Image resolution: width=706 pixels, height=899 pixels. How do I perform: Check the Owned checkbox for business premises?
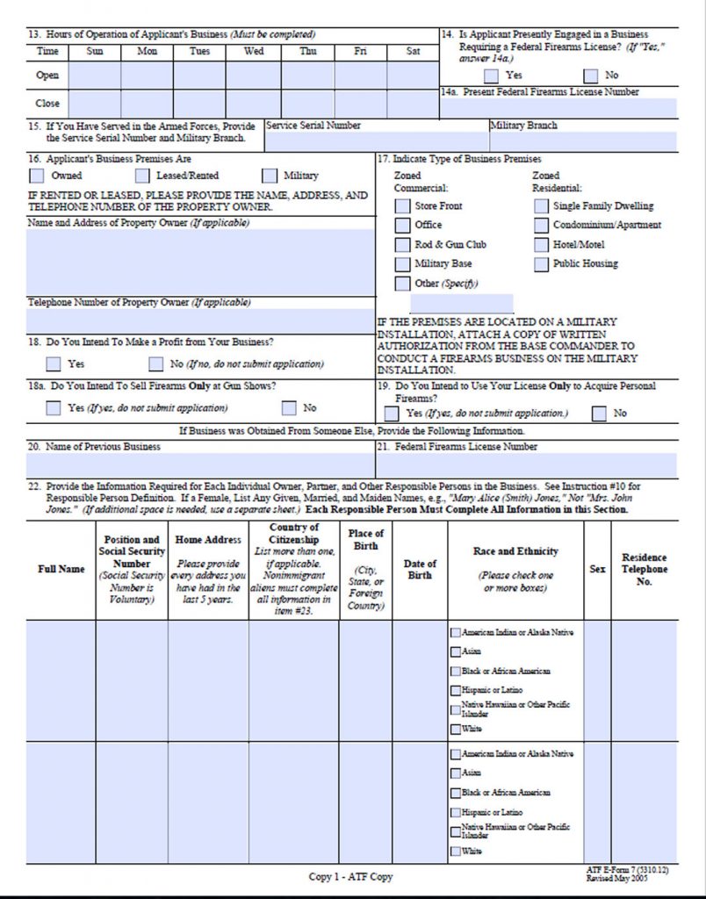click(x=36, y=176)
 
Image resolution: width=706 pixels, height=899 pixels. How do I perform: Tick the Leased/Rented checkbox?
click(x=142, y=176)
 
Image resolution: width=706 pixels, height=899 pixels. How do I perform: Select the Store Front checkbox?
click(x=402, y=206)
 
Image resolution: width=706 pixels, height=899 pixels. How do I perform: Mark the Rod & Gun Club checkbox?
click(x=402, y=245)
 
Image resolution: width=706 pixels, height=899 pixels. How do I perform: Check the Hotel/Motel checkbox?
click(x=541, y=245)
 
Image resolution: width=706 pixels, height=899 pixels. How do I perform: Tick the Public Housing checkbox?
click(x=541, y=264)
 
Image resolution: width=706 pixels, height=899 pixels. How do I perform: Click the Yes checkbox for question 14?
click(x=492, y=76)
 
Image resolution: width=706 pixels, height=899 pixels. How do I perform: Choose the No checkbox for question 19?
click(x=600, y=414)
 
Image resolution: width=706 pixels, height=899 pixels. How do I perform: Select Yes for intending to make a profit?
click(x=54, y=364)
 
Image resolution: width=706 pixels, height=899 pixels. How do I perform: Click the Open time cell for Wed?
click(x=253, y=76)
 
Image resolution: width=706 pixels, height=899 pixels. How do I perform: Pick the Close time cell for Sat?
click(x=413, y=104)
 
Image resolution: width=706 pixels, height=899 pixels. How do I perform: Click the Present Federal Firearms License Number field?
click(x=558, y=109)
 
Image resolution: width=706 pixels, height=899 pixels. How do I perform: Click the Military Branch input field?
click(x=583, y=141)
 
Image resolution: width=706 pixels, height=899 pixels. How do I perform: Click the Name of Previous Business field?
click(x=200, y=465)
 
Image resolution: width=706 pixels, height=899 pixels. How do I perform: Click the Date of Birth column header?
click(x=420, y=570)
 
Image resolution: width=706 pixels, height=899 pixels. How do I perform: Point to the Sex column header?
click(x=597, y=570)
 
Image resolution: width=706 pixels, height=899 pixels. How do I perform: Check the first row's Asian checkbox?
click(x=455, y=652)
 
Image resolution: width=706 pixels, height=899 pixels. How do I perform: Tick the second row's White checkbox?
click(x=455, y=852)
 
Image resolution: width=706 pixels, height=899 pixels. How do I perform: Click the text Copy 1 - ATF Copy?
click(x=350, y=877)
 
